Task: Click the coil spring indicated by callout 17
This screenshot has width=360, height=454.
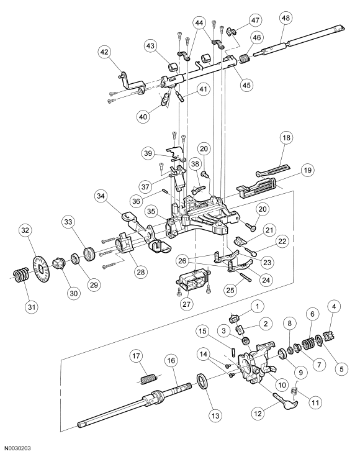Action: (147, 376)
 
